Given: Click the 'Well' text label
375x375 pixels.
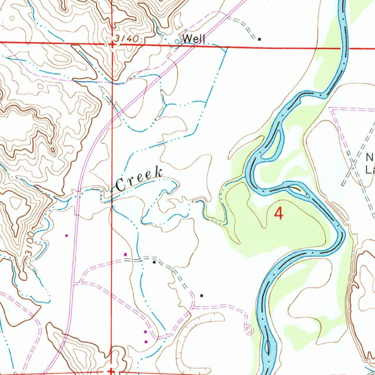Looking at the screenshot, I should point(194,38).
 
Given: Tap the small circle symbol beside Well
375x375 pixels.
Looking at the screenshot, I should point(177,41).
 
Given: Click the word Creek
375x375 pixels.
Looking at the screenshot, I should point(140,179).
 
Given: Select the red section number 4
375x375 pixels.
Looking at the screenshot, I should point(279,214).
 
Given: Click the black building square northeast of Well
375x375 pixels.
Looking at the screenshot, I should point(259,39).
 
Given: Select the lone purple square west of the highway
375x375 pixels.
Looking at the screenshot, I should point(66,235).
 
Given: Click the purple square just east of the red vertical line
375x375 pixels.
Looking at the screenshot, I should point(125,254).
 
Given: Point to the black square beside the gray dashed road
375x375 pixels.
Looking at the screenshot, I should point(154,262).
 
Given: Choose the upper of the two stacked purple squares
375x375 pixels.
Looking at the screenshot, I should point(145,332).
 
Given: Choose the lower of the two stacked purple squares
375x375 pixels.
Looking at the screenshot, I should point(146,342).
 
